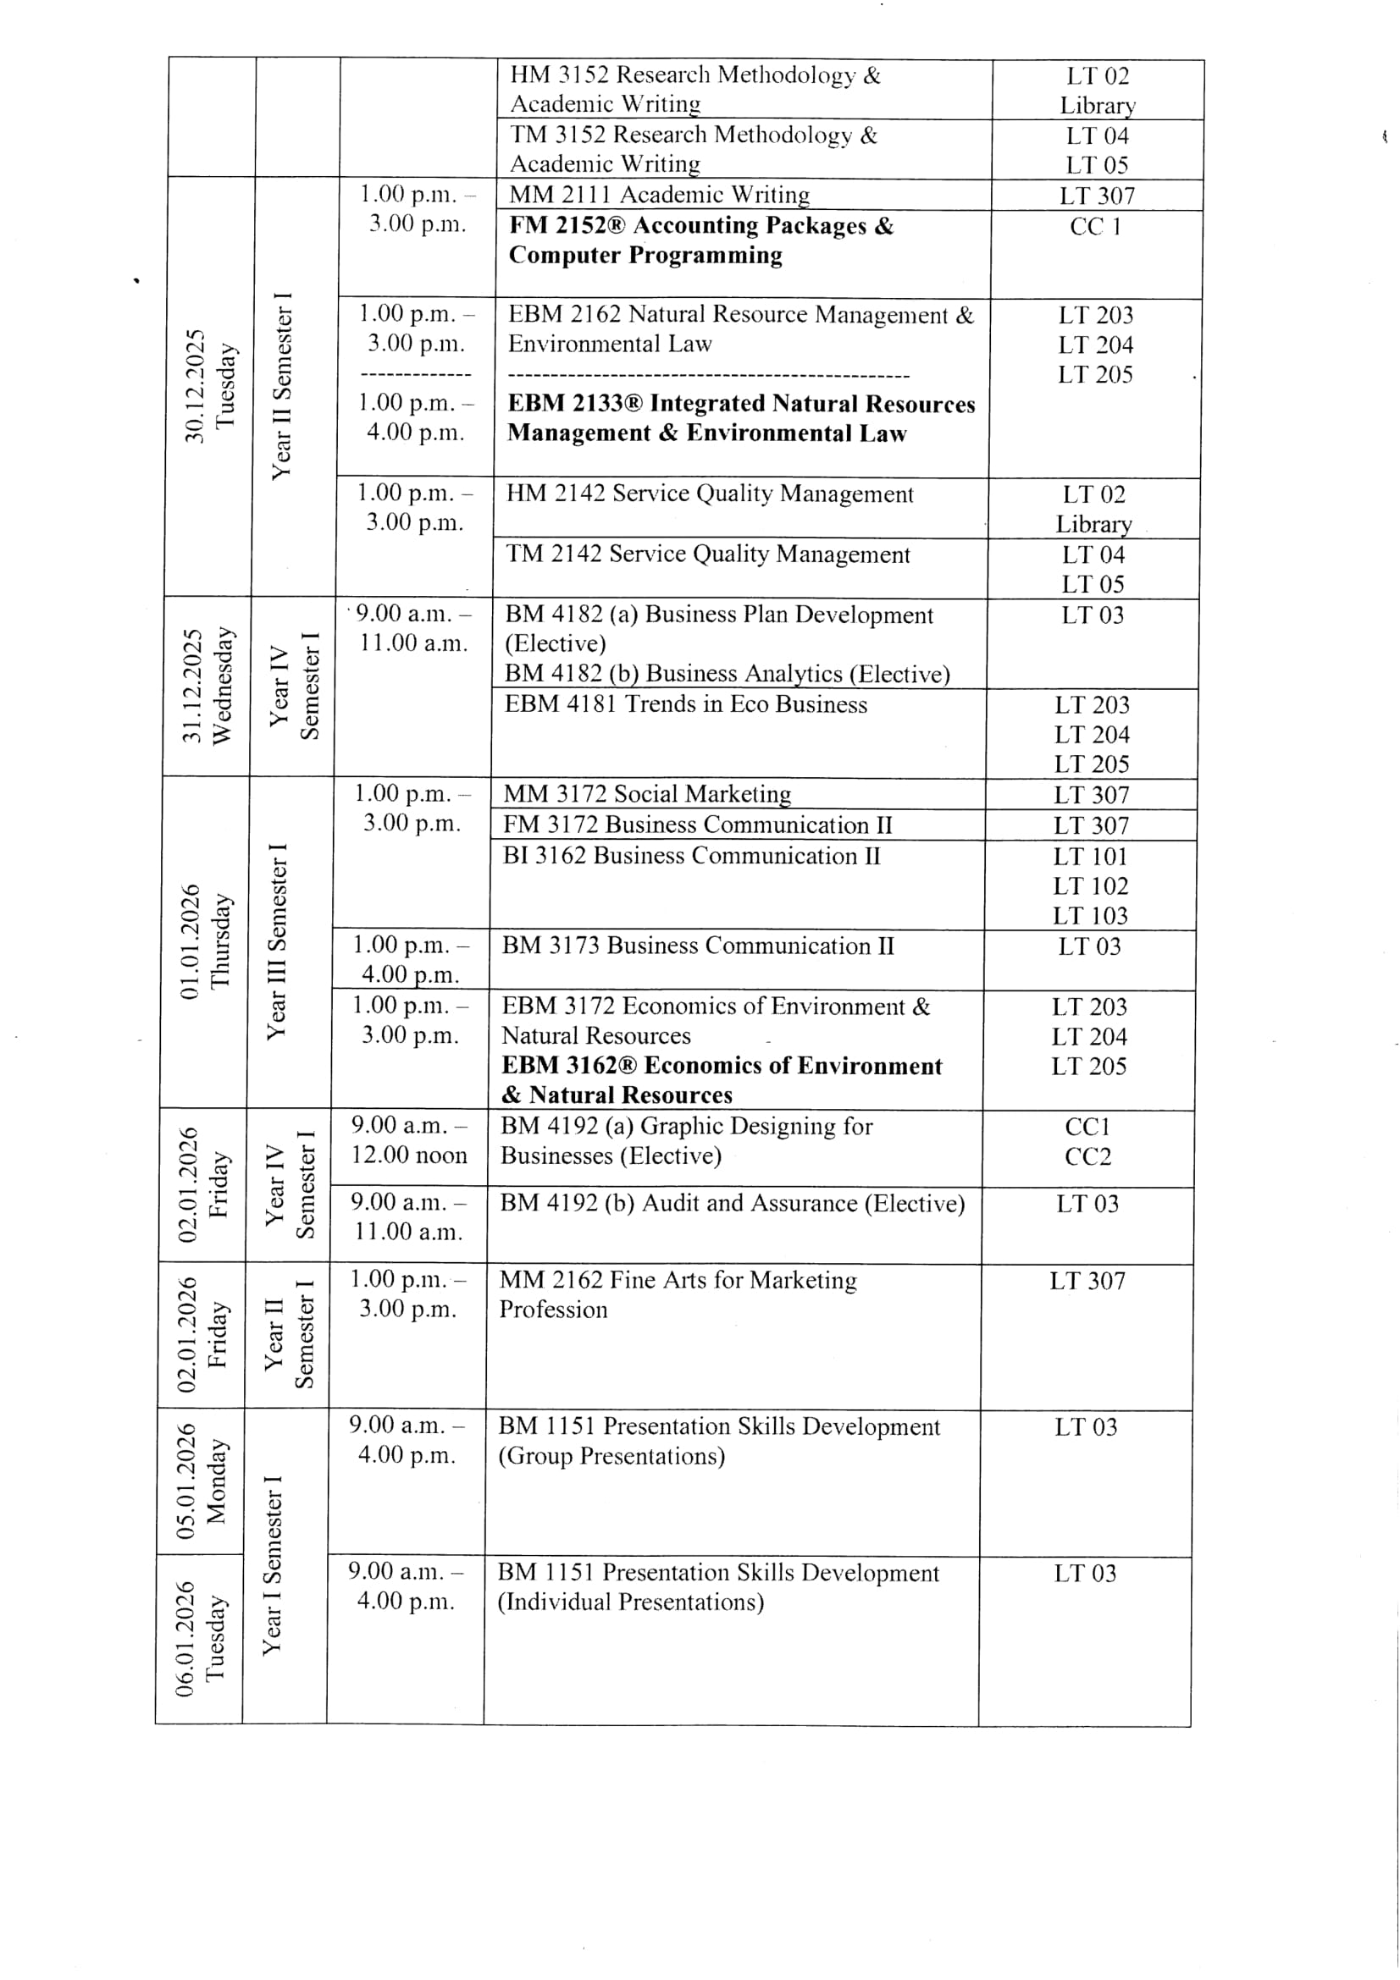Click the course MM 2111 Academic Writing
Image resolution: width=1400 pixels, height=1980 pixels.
[x=660, y=195]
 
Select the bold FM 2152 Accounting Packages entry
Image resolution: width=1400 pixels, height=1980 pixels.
[x=700, y=240]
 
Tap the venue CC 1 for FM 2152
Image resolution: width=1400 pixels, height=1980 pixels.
[x=1095, y=227]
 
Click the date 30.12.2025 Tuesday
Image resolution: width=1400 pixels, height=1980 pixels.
[x=209, y=385]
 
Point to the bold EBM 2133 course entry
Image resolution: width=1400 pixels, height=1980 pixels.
[x=741, y=418]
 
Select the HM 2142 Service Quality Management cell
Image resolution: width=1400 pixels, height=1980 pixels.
[x=709, y=494]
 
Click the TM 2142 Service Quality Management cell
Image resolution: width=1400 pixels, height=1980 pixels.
[x=707, y=554]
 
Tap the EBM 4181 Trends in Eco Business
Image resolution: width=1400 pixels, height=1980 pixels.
[x=686, y=704]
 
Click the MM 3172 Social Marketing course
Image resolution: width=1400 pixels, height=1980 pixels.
[x=647, y=794]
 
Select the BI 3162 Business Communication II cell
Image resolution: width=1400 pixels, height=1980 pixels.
[x=691, y=857]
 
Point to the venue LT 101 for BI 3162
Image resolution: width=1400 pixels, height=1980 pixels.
[x=1089, y=858]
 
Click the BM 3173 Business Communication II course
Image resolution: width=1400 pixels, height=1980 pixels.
[x=698, y=946]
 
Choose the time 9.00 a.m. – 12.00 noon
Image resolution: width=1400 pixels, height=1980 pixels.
[x=409, y=1140]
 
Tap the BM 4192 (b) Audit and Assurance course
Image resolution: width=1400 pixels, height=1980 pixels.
[x=732, y=1204]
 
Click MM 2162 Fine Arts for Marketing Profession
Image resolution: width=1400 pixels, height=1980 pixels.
[x=678, y=1294]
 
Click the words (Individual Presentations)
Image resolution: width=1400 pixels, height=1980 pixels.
[x=631, y=1602]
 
